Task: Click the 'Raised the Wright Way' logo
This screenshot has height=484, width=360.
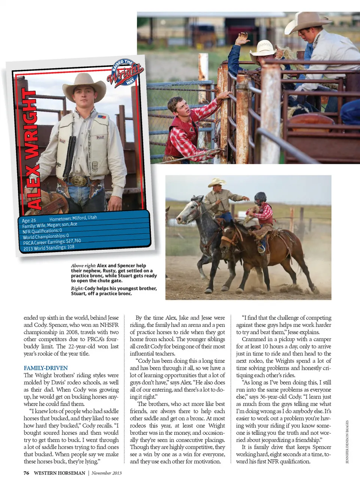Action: [x=125, y=72]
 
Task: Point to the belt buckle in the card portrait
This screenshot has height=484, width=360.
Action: [x=78, y=181]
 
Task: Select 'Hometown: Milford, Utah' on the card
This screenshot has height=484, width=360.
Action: [x=73, y=218]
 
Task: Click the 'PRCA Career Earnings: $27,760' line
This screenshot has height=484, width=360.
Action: [x=52, y=242]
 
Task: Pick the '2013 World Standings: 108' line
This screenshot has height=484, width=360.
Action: [x=49, y=247]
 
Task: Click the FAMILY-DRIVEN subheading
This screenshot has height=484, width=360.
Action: [x=46, y=368]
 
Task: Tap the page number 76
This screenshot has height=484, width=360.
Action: [x=26, y=473]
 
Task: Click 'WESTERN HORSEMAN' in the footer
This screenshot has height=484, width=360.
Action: [x=59, y=473]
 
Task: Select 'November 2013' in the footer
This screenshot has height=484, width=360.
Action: [x=106, y=473]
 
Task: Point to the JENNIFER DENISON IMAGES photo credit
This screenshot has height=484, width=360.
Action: [x=347, y=442]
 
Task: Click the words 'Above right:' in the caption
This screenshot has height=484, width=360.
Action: [x=83, y=265]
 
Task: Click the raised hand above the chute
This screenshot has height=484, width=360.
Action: [x=243, y=38]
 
